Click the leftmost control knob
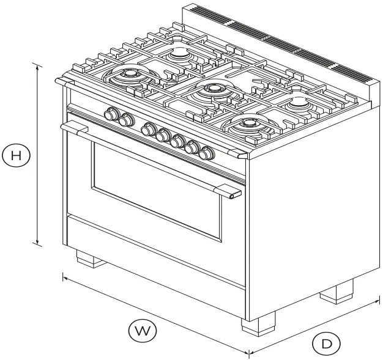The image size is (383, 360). point(112,114)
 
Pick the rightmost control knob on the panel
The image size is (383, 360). point(207,152)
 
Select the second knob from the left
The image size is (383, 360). point(126,120)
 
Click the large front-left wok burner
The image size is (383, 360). point(130,76)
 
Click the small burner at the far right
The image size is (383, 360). point(300,103)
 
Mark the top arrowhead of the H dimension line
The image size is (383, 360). point(39,65)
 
